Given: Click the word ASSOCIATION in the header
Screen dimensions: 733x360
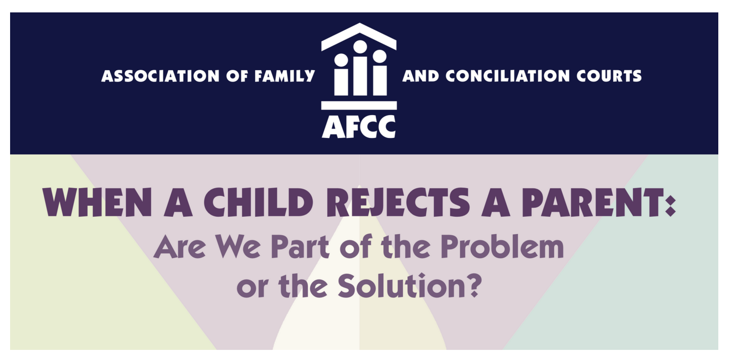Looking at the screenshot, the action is pyautogui.click(x=160, y=76).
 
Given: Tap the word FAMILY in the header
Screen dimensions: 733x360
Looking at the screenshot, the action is pyautogui.click(x=285, y=76).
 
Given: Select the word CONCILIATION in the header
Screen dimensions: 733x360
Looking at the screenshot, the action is pyautogui.click(x=507, y=76).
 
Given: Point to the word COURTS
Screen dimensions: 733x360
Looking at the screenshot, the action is pyautogui.click(x=609, y=76).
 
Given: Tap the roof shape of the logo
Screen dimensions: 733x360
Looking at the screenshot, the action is pyautogui.click(x=359, y=35).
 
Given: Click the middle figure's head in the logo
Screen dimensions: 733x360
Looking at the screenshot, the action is pyautogui.click(x=360, y=47).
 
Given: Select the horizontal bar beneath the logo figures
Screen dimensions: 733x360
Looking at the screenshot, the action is pyautogui.click(x=359, y=105).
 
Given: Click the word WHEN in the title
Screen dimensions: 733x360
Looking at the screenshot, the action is pyautogui.click(x=97, y=202).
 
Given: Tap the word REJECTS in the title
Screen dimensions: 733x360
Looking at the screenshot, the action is pyautogui.click(x=398, y=202).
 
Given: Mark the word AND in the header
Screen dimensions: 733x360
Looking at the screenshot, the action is pyautogui.click(x=421, y=76).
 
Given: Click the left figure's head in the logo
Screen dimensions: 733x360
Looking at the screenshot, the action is pyautogui.click(x=341, y=60).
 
